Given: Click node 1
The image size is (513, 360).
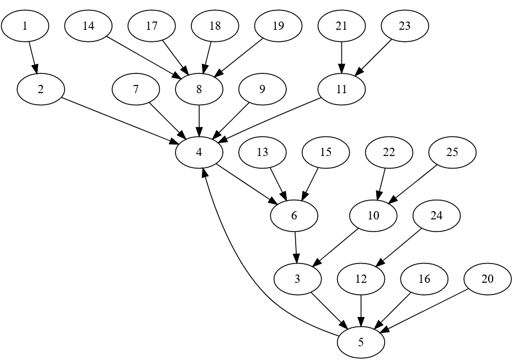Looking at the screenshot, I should click(x=25, y=26).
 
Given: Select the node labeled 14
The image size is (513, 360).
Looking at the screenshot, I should click(x=88, y=26).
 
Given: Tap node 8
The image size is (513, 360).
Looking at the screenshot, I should click(x=199, y=89).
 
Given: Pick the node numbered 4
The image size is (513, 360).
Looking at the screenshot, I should click(x=199, y=153).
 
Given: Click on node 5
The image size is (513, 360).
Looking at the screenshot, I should click(x=361, y=342).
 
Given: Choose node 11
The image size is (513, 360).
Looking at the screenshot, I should click(x=341, y=89).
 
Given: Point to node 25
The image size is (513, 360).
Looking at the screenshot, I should click(x=452, y=153).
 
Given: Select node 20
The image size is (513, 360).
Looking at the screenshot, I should click(x=488, y=279).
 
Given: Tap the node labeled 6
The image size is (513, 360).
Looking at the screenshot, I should click(x=294, y=216).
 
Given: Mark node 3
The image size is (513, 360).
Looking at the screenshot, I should click(x=297, y=279).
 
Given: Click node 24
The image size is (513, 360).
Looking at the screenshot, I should click(x=436, y=216).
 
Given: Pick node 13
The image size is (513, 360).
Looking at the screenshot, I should click(x=263, y=153).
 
